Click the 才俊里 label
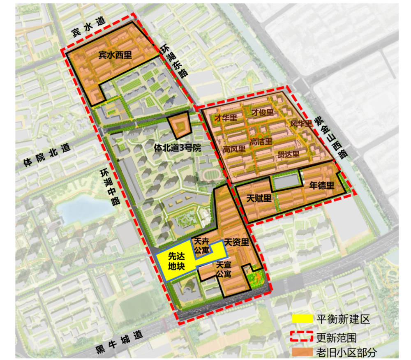tap(262, 112)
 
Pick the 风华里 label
tap(301, 124)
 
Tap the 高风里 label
tap(234, 149)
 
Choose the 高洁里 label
tap(261, 141)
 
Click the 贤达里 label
tap(289, 155)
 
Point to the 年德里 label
tap(321, 185)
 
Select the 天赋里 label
tap(259, 198)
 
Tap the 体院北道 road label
tap(47, 156)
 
